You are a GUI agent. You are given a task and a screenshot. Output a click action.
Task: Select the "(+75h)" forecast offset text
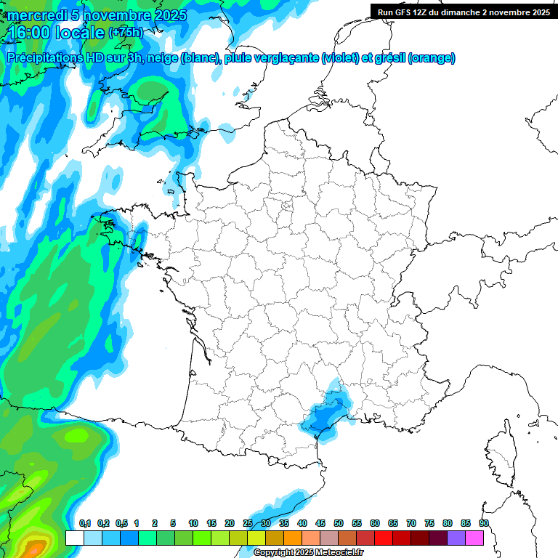(126, 33)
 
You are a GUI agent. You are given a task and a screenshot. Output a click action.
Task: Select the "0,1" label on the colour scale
(85, 524)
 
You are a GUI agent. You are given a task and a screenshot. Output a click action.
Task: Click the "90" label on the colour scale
(483, 524)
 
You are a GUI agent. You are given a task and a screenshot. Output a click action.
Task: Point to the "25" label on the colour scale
(248, 524)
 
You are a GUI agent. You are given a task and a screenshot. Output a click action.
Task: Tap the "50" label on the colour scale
(339, 524)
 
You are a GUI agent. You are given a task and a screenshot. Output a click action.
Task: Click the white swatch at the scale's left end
(74, 538)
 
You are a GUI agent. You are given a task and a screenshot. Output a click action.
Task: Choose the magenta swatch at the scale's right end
(474, 538)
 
